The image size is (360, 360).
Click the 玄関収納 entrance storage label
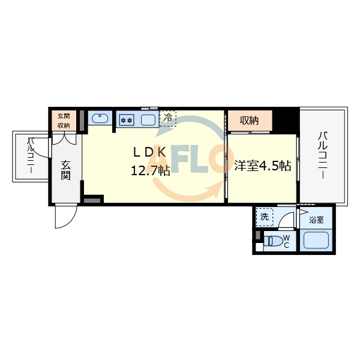(x=64, y=121)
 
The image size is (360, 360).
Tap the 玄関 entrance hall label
(x=66, y=169)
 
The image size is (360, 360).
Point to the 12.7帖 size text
(x=151, y=171)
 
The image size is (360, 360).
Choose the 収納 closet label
(x=250, y=121)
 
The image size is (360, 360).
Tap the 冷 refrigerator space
(x=167, y=118)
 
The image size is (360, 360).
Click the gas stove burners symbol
(x=126, y=119)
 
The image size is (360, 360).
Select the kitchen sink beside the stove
(x=147, y=119)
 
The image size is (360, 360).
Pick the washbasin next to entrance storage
(x=99, y=118)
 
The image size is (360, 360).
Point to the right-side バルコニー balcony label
(x=323, y=154)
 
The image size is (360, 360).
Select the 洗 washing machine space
(x=265, y=216)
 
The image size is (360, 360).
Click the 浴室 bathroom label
(x=316, y=220)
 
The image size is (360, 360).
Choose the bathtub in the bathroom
(x=316, y=241)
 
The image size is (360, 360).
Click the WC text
(x=287, y=241)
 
